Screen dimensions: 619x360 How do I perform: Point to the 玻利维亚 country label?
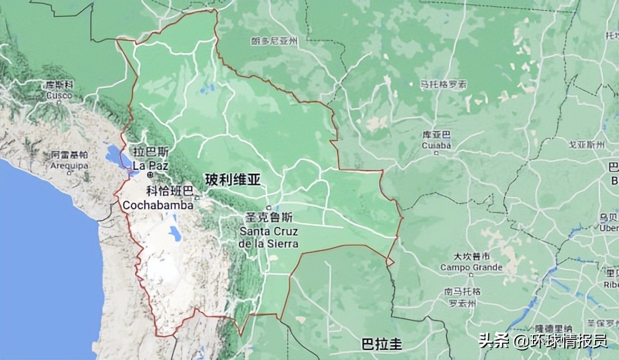(233, 180)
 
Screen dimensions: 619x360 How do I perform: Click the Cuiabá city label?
(436, 145)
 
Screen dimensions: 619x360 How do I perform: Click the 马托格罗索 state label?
(444, 84)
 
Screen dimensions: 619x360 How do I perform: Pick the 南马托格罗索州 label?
(463, 297)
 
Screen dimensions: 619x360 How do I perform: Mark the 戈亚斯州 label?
(587, 145)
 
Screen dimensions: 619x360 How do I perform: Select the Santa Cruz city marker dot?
(269, 207)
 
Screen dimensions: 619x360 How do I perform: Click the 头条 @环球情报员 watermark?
(542, 340)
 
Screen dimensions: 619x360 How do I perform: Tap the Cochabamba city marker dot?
(197, 197)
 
